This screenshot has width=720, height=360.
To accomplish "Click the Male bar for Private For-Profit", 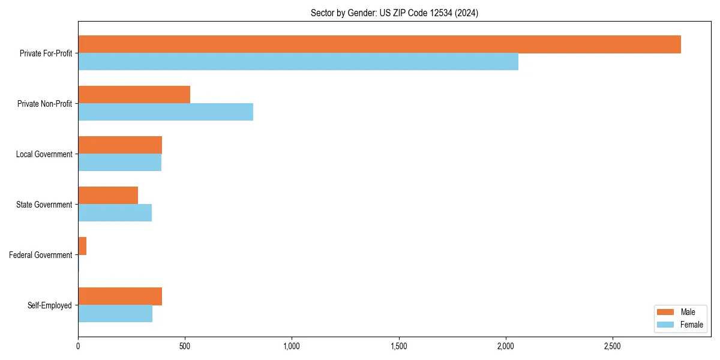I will (379, 44).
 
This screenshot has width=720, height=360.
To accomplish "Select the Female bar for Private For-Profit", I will (298, 62).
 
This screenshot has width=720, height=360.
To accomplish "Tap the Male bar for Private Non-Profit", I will (134, 95).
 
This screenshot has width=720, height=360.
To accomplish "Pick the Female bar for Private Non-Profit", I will (166, 112).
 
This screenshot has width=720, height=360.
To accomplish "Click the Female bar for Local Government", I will (119, 163).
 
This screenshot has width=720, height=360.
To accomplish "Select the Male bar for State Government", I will (108, 196).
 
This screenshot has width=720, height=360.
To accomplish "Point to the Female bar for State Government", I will (115, 213).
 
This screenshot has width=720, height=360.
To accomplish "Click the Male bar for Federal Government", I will (82, 246).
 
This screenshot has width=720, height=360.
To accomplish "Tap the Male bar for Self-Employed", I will (120, 296).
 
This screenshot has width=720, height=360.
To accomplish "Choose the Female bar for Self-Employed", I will (115, 314).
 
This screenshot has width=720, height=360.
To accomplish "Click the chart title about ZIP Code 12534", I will (394, 13).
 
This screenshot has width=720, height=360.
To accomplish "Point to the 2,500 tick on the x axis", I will (613, 346).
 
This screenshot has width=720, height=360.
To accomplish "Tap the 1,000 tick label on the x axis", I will (292, 346).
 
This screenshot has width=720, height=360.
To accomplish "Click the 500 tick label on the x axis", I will (185, 346).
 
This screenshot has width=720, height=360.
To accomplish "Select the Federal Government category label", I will (41, 255).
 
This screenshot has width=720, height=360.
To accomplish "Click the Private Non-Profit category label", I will (44, 104).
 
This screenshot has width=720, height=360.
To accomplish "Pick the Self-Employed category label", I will (50, 305).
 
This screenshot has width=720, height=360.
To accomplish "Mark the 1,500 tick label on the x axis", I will (398, 346).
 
